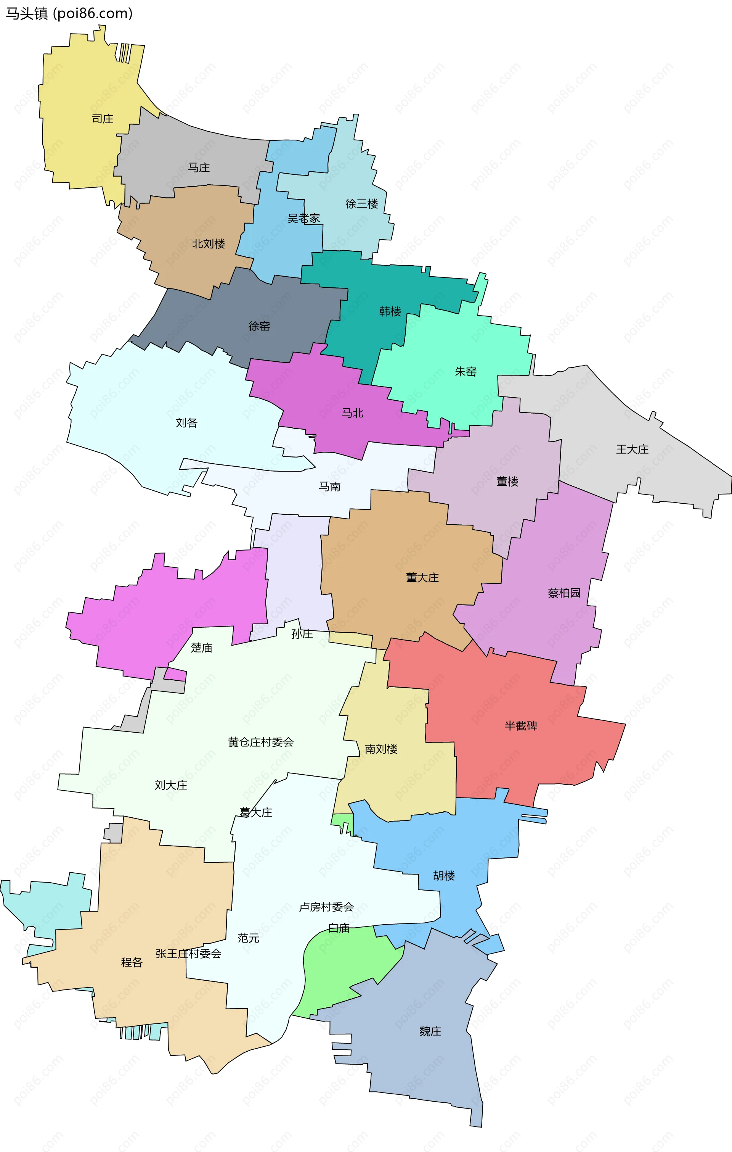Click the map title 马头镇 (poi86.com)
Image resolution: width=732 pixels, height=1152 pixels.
(x=69, y=13)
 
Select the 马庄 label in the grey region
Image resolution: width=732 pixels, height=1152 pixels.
(x=199, y=168)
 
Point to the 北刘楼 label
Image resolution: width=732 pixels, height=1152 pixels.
(x=209, y=244)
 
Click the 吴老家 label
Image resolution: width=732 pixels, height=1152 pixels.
(x=303, y=219)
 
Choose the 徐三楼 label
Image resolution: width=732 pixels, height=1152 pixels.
(x=361, y=204)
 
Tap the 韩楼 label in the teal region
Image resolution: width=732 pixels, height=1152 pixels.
(x=390, y=311)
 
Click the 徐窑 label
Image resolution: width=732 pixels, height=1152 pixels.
(x=259, y=326)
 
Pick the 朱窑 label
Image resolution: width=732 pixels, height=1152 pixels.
(x=466, y=372)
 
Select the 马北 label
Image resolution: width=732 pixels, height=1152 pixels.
(x=352, y=413)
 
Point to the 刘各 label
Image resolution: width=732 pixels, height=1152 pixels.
(x=186, y=423)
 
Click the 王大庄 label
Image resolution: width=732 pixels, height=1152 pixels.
(x=632, y=449)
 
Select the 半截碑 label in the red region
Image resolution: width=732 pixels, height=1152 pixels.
(x=521, y=726)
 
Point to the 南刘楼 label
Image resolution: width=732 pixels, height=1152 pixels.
(x=381, y=749)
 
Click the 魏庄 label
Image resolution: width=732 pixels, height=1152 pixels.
(x=430, y=1031)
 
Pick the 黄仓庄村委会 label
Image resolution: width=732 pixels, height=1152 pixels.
(x=260, y=743)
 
